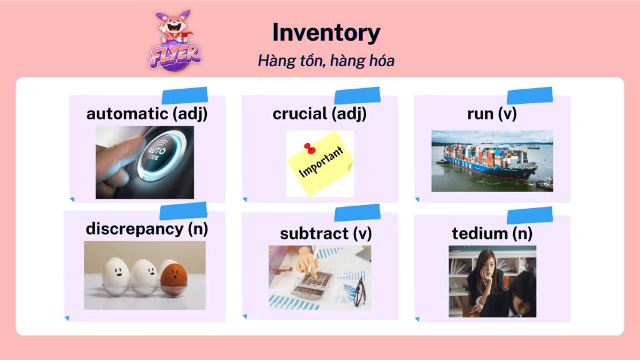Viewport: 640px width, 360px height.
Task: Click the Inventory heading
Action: click(x=326, y=32)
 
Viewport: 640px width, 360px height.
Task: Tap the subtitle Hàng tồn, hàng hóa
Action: click(x=326, y=61)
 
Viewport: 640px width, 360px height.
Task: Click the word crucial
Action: click(x=300, y=114)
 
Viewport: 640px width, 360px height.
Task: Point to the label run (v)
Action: click(x=492, y=114)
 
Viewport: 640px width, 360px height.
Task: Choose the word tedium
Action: click(x=479, y=234)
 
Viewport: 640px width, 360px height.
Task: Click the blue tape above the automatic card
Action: click(x=184, y=96)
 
